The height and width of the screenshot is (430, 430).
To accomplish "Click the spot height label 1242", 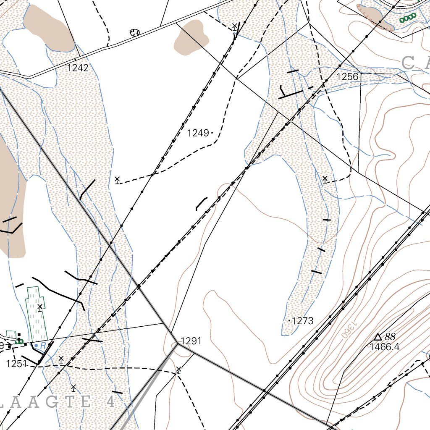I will click(78, 68).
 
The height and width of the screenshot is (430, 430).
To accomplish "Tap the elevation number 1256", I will click(348, 77).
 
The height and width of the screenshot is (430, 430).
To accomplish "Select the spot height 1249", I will click(198, 133).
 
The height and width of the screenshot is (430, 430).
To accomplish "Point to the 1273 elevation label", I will click(302, 321).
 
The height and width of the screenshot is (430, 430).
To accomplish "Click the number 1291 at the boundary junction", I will click(191, 341).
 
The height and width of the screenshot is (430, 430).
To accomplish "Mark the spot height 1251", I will click(16, 364).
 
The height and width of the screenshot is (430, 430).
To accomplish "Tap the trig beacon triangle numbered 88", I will click(378, 337).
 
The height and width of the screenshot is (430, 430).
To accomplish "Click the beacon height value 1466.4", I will click(384, 347).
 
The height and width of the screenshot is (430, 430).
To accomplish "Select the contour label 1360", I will click(351, 329).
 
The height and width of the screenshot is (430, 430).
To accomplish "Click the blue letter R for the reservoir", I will click(42, 346).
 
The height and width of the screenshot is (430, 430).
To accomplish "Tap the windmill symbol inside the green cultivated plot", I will click(40, 308).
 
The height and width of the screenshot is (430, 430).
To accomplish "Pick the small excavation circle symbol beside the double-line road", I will click(135, 32).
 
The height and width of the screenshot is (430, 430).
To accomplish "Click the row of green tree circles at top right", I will click(407, 18).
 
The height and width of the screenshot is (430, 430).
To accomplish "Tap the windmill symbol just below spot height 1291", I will click(178, 370).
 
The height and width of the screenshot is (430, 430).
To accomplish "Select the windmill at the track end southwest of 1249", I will click(117, 180).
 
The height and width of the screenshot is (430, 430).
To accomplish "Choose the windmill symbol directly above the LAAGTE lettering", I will click(73, 387).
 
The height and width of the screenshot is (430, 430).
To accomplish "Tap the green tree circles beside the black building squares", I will click(18, 342).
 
